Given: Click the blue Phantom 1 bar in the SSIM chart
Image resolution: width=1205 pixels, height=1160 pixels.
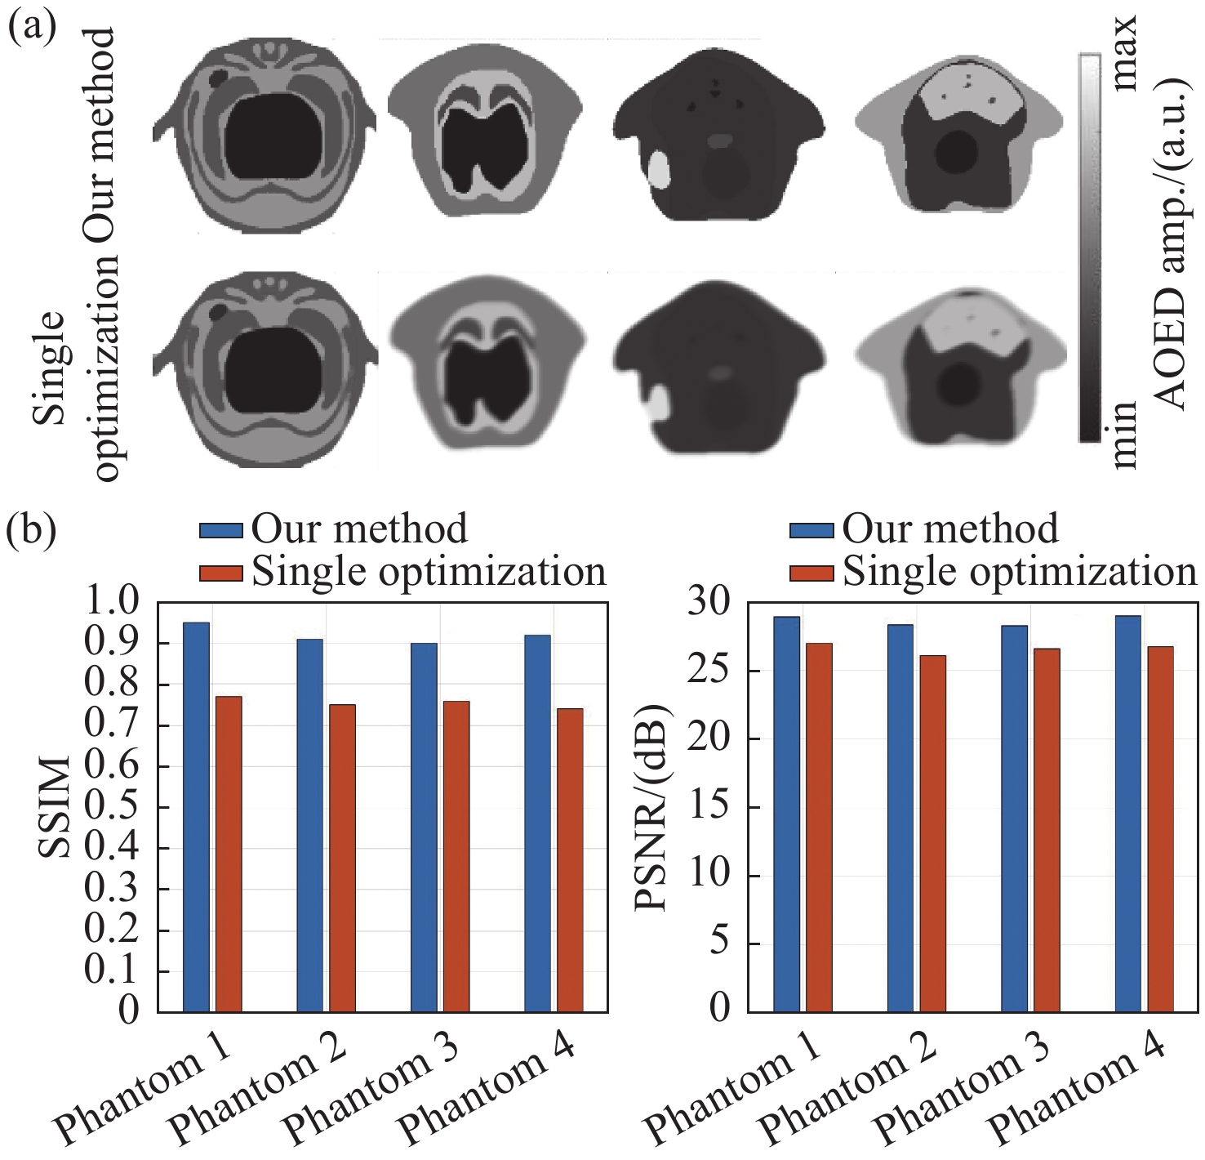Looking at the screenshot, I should [196, 817].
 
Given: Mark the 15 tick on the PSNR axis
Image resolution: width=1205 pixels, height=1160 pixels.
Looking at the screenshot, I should [708, 807].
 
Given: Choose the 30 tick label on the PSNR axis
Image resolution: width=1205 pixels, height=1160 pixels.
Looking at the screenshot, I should [708, 602].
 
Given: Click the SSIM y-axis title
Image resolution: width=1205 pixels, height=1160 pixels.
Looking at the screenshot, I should [56, 807].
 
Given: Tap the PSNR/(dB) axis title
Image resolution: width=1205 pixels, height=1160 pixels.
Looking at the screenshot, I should [653, 807].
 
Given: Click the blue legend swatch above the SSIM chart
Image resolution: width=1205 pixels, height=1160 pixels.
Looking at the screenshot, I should [221, 530].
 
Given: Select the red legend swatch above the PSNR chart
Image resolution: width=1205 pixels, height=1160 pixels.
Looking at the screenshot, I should [811, 573].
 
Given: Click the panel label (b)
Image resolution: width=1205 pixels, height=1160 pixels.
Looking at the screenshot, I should [31, 529].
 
